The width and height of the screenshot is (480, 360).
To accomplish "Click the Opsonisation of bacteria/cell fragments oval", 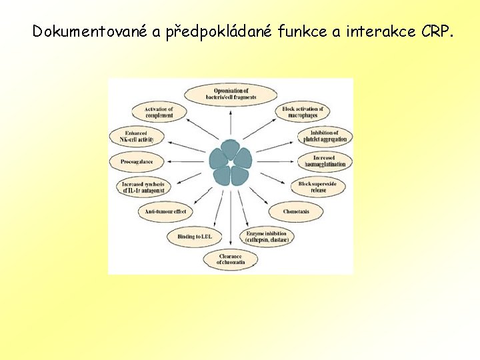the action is click(x=231, y=93).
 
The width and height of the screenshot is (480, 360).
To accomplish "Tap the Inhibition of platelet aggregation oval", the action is click(x=325, y=136).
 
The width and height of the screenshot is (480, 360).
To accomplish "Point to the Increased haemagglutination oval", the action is click(x=325, y=161).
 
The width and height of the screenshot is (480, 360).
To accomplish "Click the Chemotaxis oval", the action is click(x=296, y=211).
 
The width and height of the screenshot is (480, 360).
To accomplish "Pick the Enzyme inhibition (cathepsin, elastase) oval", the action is click(x=267, y=237).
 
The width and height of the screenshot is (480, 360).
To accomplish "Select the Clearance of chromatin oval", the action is click(x=231, y=259).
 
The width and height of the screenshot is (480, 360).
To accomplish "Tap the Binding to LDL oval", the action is click(x=195, y=236).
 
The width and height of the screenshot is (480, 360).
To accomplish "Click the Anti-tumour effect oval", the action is click(x=165, y=211).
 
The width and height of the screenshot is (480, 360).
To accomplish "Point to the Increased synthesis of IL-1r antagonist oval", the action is click(x=143, y=187).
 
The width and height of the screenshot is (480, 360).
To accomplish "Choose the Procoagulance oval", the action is click(x=137, y=161).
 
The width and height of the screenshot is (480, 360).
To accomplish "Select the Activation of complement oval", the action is click(x=159, y=112).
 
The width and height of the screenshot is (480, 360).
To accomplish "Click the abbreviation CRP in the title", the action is click(x=436, y=31).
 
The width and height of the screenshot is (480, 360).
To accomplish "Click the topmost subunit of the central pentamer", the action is click(x=231, y=149).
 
